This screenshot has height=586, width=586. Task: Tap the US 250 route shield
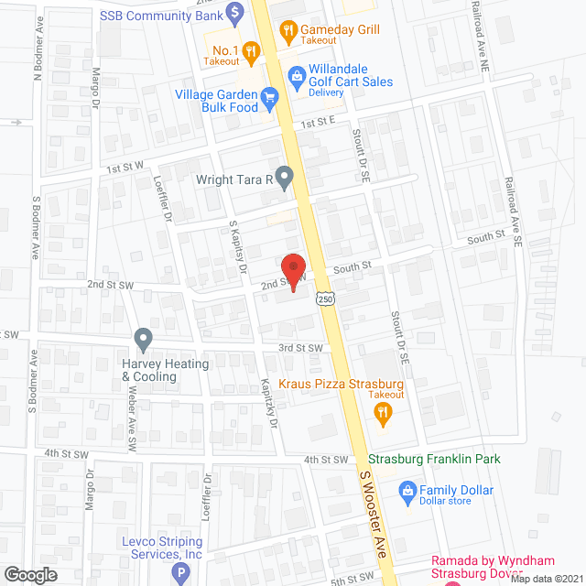[x=327, y=299]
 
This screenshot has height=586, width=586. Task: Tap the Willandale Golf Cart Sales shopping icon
[x=295, y=75]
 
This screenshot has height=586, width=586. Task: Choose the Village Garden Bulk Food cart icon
[x=269, y=95]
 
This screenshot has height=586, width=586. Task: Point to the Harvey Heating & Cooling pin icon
[x=144, y=341]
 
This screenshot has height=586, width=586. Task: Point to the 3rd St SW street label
[x=301, y=348]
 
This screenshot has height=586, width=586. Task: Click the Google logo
[x=31, y=574]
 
